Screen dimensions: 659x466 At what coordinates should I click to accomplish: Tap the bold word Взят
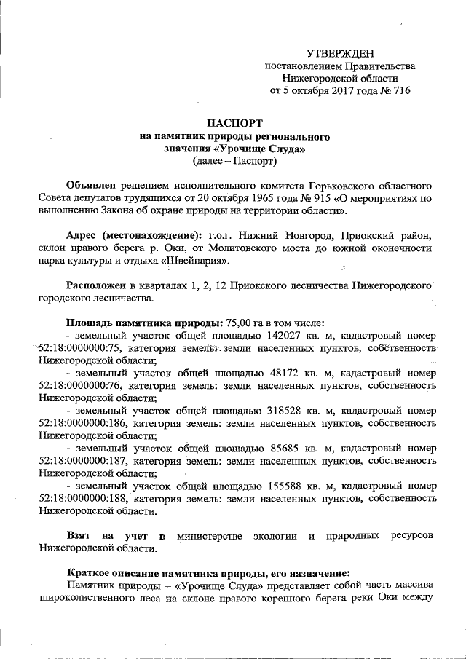point(79,535)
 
